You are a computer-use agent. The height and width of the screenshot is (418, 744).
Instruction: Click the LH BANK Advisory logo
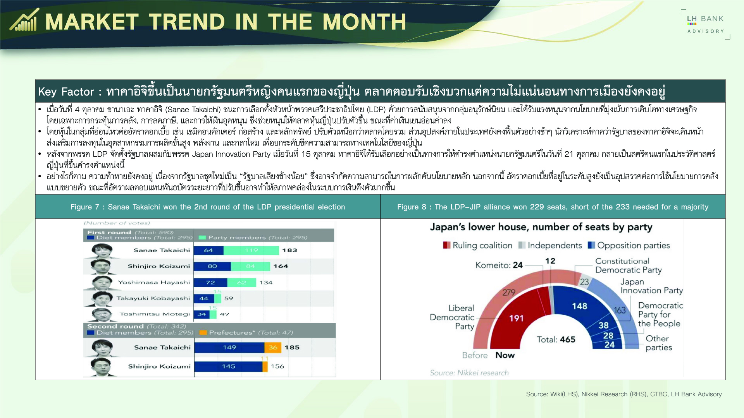click(705, 24)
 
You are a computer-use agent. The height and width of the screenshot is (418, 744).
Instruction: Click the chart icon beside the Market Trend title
click(24, 20)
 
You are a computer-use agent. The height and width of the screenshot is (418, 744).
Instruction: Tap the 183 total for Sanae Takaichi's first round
click(289, 250)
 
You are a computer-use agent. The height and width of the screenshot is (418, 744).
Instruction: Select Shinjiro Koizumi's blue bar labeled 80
click(212, 266)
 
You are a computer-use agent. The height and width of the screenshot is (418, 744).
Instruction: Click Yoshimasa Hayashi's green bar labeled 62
click(241, 283)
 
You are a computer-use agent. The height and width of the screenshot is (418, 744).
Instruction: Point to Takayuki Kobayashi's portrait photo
click(101, 298)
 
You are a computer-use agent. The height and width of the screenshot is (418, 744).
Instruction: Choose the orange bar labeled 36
click(273, 348)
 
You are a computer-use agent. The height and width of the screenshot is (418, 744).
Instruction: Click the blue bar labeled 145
click(228, 367)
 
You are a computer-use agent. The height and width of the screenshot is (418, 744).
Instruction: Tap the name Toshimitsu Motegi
click(155, 314)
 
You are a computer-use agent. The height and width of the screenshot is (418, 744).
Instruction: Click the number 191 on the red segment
click(516, 318)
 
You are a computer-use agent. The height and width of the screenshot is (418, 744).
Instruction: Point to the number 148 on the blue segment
click(579, 306)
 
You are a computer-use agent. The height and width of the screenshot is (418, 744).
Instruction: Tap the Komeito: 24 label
click(499, 265)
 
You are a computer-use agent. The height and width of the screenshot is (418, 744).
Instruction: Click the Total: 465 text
click(556, 339)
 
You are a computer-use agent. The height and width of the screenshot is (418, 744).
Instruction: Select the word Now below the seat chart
click(505, 355)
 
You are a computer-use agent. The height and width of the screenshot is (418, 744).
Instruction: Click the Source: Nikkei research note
click(469, 373)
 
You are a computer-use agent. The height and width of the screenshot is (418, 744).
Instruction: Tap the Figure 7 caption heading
click(208, 207)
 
